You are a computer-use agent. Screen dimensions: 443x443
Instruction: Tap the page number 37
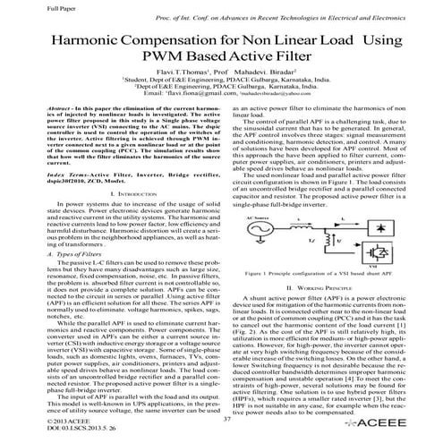click(x=227, y=419)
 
